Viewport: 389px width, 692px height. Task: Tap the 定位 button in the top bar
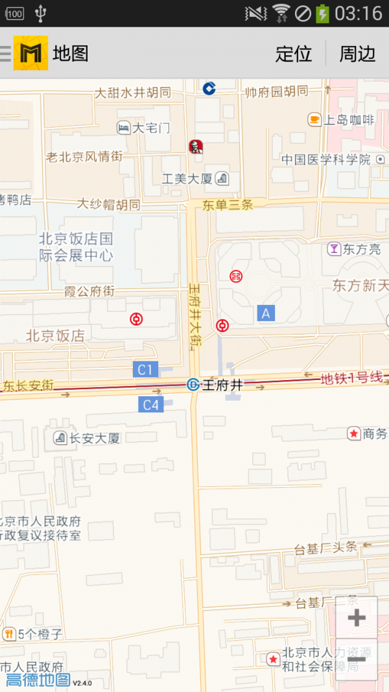click(x=294, y=53)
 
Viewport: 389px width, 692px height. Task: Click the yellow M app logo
click(x=30, y=53)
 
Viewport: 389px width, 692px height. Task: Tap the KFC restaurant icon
click(x=195, y=147)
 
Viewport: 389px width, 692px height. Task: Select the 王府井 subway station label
click(x=222, y=385)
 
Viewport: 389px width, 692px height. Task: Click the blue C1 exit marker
click(x=145, y=370)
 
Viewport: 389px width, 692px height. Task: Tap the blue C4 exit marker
click(x=150, y=405)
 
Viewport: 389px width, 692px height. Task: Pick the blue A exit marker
click(x=265, y=313)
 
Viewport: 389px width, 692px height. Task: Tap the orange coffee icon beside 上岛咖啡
click(x=314, y=119)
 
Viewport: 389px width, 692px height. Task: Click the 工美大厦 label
click(x=187, y=178)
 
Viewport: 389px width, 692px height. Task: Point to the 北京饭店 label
click(x=55, y=335)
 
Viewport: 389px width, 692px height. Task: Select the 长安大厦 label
click(x=95, y=438)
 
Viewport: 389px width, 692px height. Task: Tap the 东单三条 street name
click(x=227, y=205)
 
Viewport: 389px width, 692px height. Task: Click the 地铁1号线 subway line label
click(x=351, y=377)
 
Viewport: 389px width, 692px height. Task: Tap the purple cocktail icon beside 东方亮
click(x=333, y=248)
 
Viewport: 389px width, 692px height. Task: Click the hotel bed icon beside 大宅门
click(x=123, y=128)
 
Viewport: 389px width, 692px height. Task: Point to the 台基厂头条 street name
click(x=325, y=547)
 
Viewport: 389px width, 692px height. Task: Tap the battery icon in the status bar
click(x=322, y=13)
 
